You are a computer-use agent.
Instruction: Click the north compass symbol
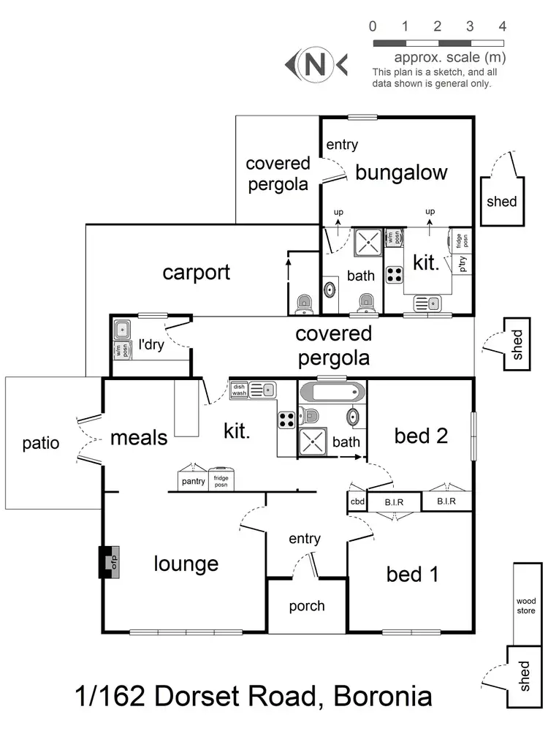point(316,65)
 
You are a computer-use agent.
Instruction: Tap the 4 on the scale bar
point(502,27)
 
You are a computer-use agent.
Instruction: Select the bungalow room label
point(401,173)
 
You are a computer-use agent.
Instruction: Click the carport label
point(196,273)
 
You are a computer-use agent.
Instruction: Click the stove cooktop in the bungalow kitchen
point(395,275)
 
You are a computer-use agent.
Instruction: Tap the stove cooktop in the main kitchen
point(286,420)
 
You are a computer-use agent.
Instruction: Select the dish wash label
point(240,390)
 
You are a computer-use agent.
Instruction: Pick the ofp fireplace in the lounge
point(110,562)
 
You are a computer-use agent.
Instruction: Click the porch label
point(307,606)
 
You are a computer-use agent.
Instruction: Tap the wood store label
point(526,606)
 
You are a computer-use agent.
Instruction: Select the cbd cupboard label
point(357,502)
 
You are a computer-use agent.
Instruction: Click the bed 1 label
point(412,575)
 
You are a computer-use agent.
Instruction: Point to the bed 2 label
point(420,436)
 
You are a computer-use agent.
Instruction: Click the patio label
point(41,443)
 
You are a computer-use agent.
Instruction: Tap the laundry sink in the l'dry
point(121,329)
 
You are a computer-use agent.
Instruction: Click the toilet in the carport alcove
point(303,304)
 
